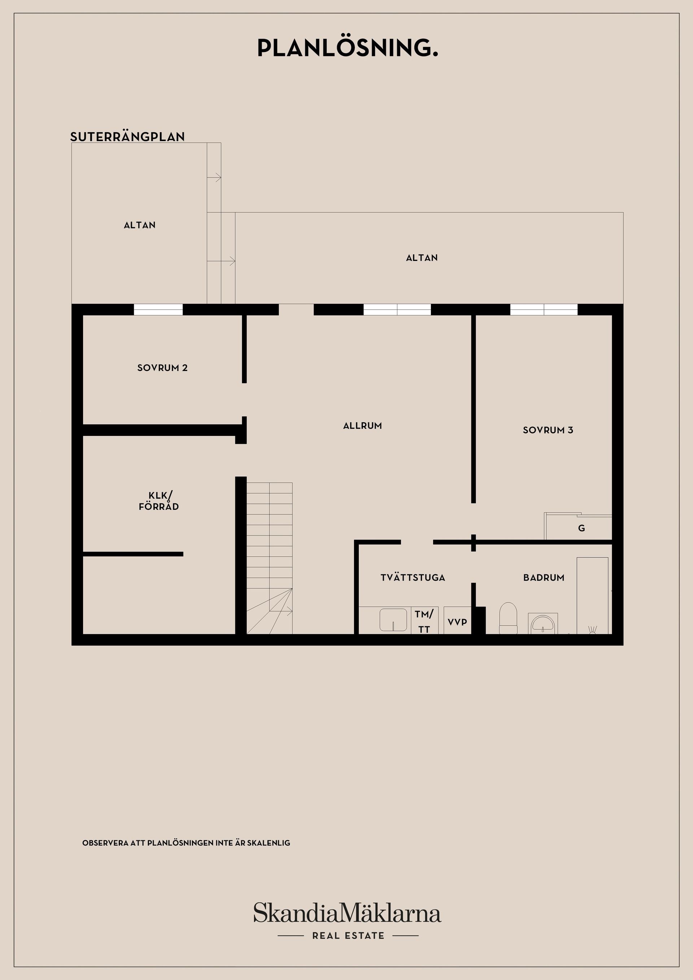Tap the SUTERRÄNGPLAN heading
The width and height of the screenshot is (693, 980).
pyautogui.click(x=127, y=137)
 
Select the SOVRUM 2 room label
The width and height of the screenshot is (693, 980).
pyautogui.click(x=162, y=368)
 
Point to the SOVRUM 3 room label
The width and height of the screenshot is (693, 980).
pyautogui.click(x=548, y=430)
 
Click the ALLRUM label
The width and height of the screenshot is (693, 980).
pyautogui.click(x=362, y=425)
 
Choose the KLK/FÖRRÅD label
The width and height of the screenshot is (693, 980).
pyautogui.click(x=159, y=501)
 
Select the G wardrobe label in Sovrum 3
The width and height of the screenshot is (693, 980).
pyautogui.click(x=581, y=528)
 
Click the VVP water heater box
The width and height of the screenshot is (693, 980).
pyautogui.click(x=457, y=622)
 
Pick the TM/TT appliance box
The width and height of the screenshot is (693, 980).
pyautogui.click(x=424, y=621)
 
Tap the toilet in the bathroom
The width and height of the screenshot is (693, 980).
pyautogui.click(x=508, y=618)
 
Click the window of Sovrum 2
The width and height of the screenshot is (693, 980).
pyautogui.click(x=158, y=310)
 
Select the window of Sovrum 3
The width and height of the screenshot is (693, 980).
pyautogui.click(x=544, y=310)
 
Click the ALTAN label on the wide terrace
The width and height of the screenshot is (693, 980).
pyautogui.click(x=422, y=258)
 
